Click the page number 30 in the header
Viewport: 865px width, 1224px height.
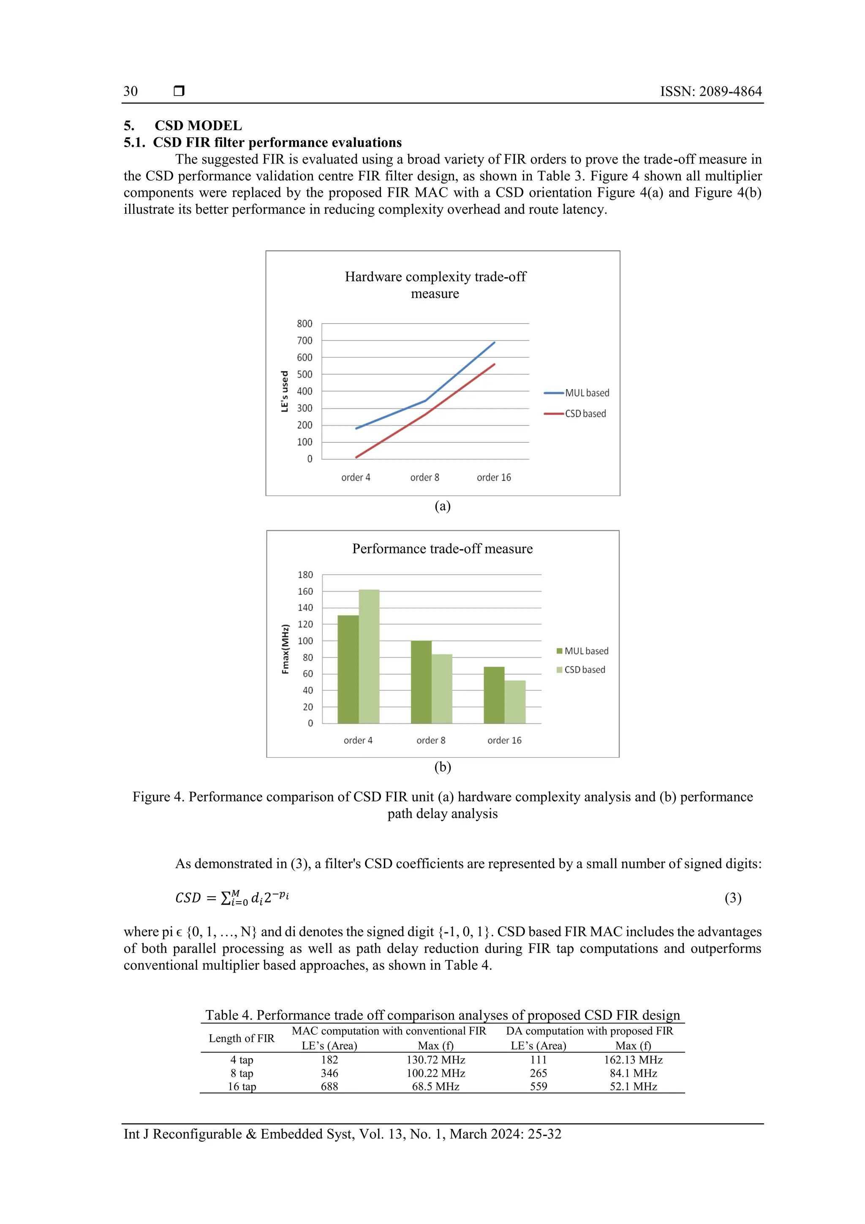pos(131,91)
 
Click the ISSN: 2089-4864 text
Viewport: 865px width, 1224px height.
pos(710,91)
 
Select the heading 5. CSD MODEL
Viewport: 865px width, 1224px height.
pos(183,126)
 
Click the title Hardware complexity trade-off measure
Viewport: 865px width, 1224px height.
pos(435,285)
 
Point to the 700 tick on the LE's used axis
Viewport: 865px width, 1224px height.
pos(305,341)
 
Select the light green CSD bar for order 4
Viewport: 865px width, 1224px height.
pos(369,656)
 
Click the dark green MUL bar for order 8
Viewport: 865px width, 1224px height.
pos(421,682)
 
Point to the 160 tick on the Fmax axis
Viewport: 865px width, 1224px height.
pos(305,591)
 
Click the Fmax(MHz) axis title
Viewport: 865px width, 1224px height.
pos(286,649)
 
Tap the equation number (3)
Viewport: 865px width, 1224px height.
pos(733,898)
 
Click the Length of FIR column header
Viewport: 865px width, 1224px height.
pos(242,1038)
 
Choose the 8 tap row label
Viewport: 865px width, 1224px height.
pos(242,1073)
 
